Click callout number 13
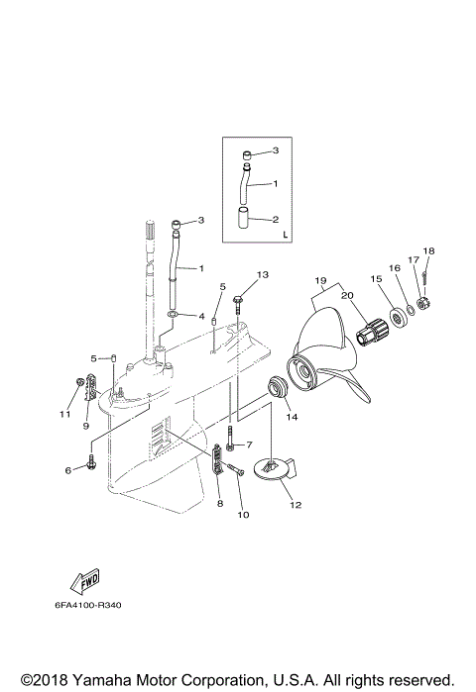click(263, 274)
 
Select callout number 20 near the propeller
click(346, 296)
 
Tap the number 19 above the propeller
click(320, 280)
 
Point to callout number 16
click(394, 268)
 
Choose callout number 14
click(292, 418)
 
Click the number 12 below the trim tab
click(295, 504)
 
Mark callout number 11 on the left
click(64, 414)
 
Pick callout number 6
click(68, 470)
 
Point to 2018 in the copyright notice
click(49, 681)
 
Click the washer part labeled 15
click(403, 318)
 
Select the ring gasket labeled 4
click(175, 317)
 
